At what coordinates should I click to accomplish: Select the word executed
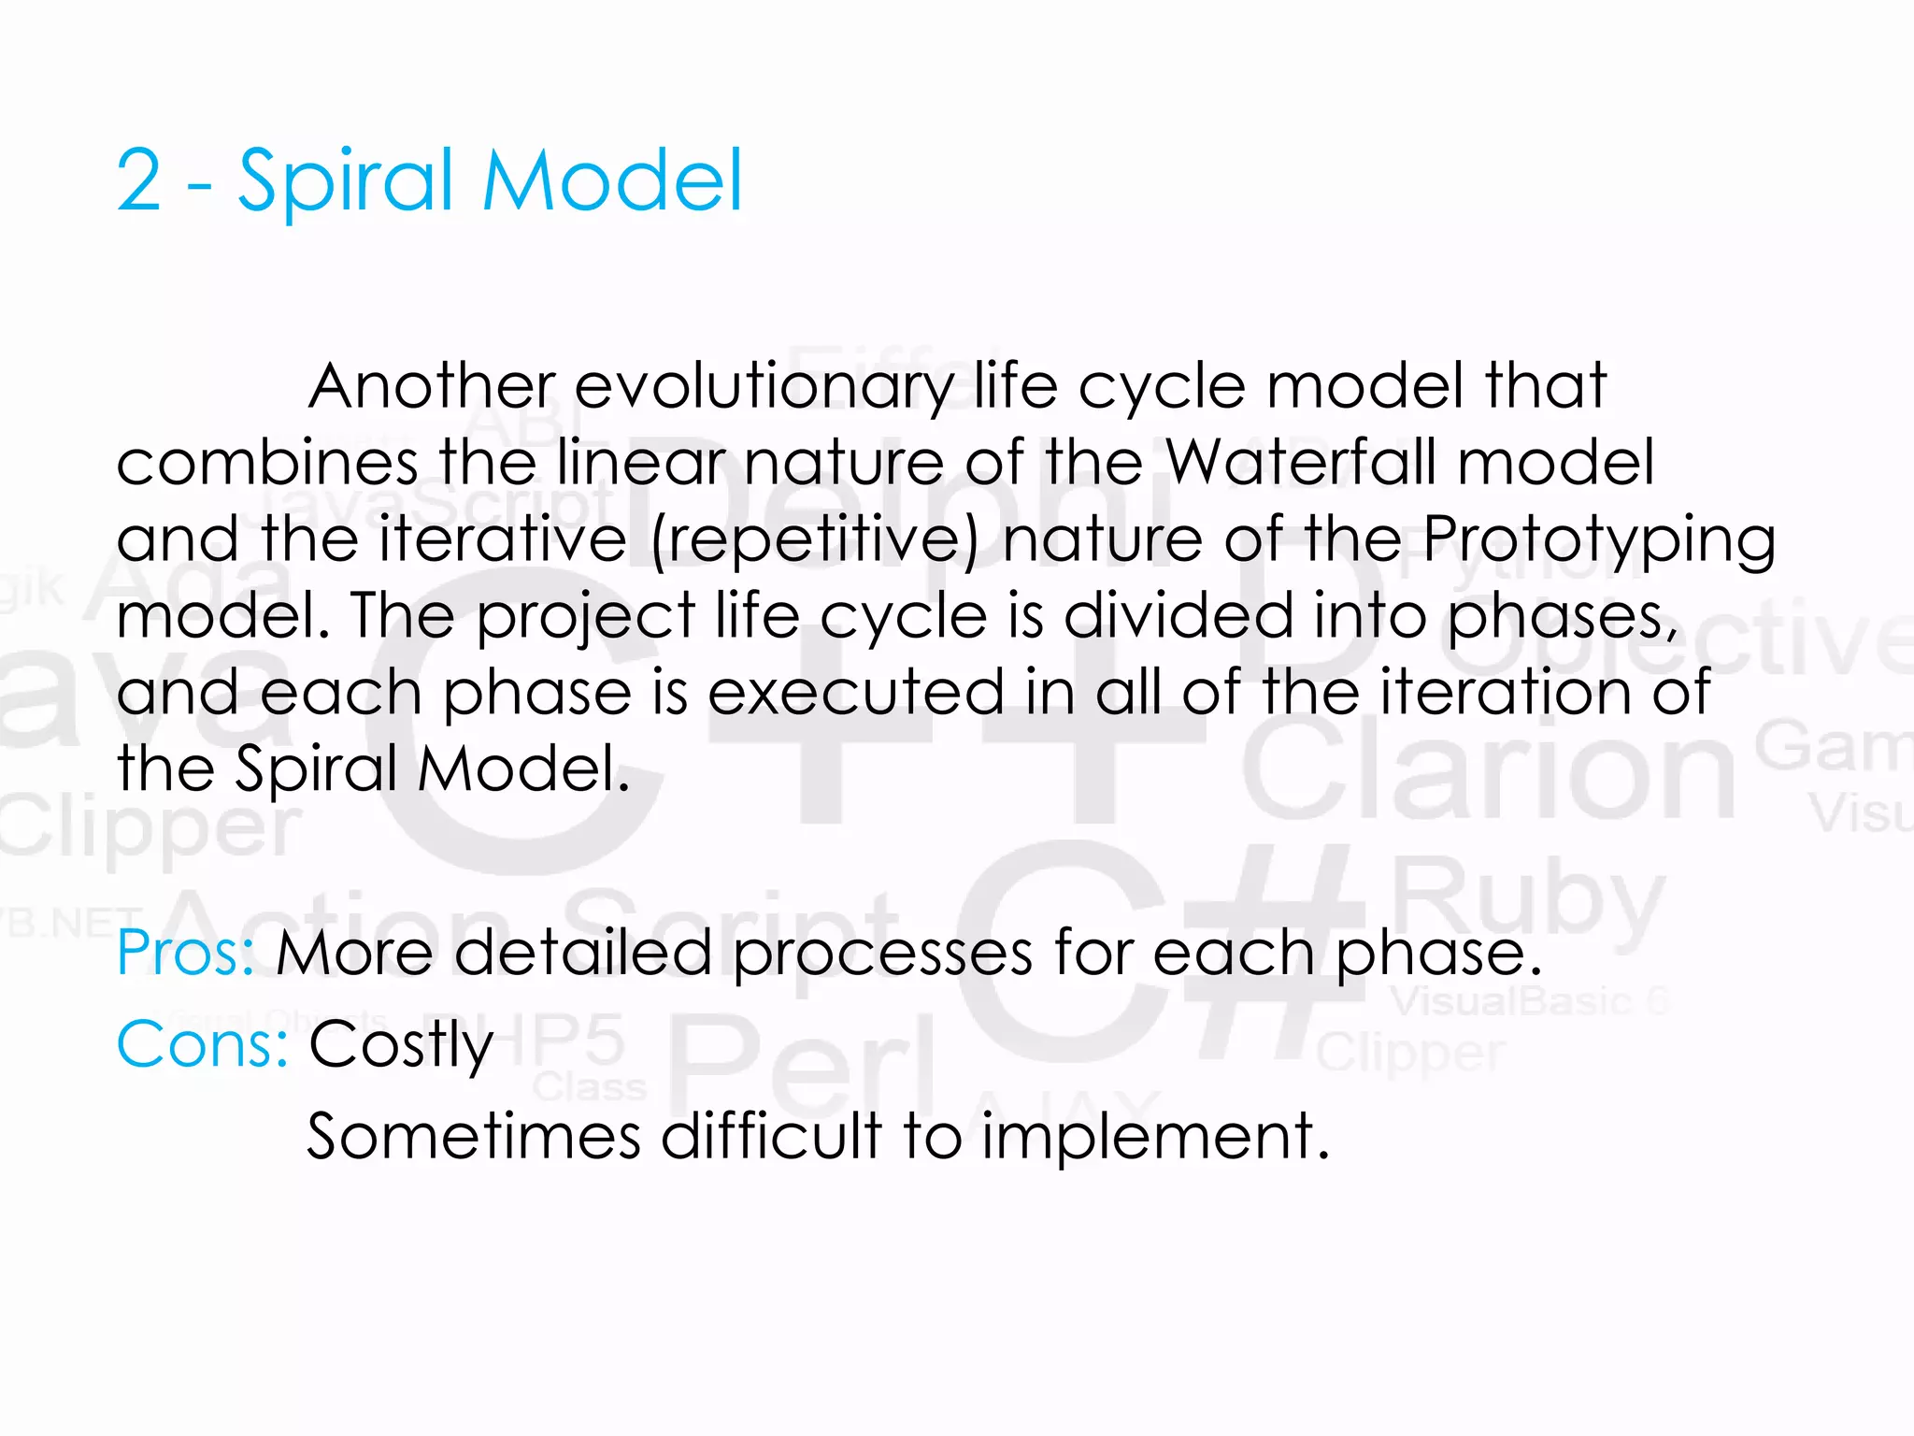[x=855, y=693]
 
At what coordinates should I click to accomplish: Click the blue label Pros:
[x=185, y=953]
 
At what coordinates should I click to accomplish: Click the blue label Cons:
[x=202, y=1044]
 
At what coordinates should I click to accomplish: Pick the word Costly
[x=400, y=1044]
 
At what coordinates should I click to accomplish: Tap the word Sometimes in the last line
[x=473, y=1136]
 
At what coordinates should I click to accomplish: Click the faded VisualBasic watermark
[x=1514, y=1001]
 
